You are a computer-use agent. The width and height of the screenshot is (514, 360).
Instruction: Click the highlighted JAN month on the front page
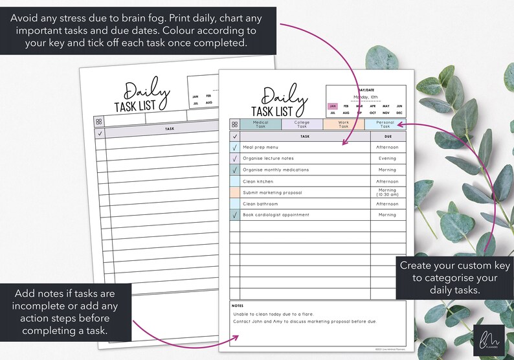click(333, 106)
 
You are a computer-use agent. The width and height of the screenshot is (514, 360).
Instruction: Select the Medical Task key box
click(260, 124)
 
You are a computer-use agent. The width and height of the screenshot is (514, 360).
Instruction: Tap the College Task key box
click(302, 124)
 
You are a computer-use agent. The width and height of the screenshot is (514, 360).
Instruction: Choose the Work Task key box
click(343, 124)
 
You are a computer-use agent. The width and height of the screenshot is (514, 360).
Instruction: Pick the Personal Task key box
click(385, 124)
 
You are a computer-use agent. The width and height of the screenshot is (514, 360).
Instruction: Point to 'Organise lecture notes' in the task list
click(268, 159)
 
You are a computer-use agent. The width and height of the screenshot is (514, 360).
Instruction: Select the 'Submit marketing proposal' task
click(273, 192)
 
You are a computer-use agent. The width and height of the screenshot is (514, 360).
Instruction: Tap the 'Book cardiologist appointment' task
click(276, 215)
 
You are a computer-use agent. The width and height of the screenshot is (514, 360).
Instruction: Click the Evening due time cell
click(387, 159)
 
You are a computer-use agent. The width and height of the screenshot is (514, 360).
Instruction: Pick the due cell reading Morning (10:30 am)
click(387, 192)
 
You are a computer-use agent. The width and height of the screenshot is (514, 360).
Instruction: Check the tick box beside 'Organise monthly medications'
click(234, 170)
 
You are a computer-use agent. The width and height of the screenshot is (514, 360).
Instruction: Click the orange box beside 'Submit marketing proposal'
click(234, 192)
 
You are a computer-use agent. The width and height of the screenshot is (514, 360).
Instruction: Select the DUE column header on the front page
click(387, 137)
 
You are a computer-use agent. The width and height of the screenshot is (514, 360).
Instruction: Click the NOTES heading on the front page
click(238, 306)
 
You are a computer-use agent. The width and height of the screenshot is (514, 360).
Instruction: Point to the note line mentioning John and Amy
click(304, 322)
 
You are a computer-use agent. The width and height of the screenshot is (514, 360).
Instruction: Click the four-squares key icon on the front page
click(234, 124)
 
